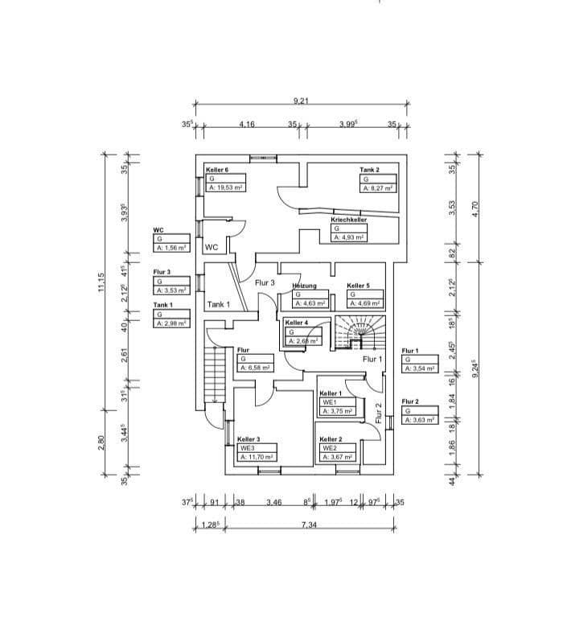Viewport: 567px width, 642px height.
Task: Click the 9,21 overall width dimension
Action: [x=302, y=101]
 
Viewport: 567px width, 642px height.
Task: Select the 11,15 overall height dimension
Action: [x=101, y=283]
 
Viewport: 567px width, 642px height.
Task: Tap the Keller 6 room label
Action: [x=217, y=170]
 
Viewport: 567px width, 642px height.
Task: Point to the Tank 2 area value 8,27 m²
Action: [x=377, y=187]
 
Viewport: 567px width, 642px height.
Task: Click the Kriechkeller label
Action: [x=349, y=219]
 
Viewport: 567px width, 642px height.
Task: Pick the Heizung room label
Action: [x=304, y=286]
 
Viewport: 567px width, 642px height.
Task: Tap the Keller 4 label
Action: [x=297, y=323]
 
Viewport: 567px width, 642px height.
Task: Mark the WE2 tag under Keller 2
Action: [x=328, y=448]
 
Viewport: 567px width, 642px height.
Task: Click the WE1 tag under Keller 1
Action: [x=328, y=401]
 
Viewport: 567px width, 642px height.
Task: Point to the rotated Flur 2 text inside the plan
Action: [x=379, y=412]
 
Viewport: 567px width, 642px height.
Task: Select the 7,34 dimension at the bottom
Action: [x=309, y=525]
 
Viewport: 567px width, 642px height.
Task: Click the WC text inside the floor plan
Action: [x=212, y=247]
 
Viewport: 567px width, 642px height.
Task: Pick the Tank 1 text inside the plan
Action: [x=218, y=304]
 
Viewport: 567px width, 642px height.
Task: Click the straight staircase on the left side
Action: [x=213, y=375]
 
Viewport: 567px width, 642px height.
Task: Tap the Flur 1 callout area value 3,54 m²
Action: [x=419, y=368]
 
